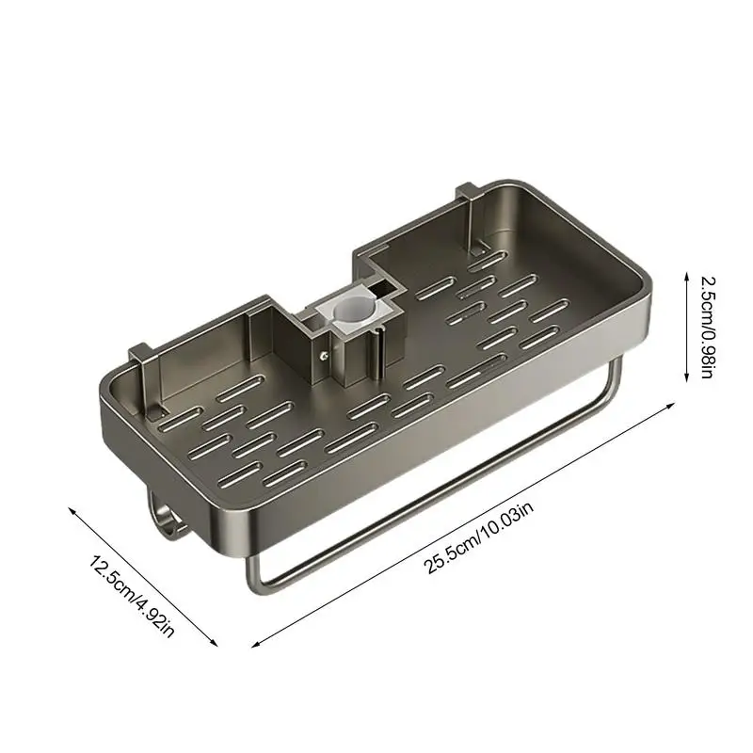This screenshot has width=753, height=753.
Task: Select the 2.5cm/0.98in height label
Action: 709,327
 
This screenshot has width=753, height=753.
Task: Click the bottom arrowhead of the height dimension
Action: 684,381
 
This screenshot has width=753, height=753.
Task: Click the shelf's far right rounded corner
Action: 644,282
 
